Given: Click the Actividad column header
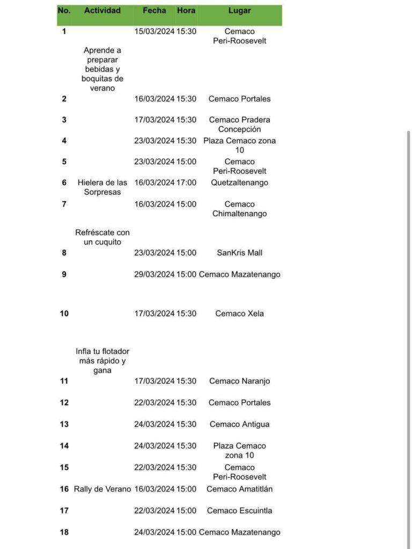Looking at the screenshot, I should click(x=102, y=11).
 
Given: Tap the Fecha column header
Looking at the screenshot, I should click(x=154, y=11).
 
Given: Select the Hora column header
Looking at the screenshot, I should click(x=186, y=11).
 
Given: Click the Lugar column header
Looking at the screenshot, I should click(x=239, y=11).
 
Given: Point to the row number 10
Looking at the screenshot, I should click(x=64, y=314).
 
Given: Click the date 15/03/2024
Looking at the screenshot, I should click(x=154, y=32).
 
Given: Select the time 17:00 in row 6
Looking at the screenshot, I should click(x=187, y=183).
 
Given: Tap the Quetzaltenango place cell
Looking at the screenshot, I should click(x=240, y=183).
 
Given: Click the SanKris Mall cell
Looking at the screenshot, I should click(x=240, y=253).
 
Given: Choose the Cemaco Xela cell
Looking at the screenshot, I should click(x=240, y=314).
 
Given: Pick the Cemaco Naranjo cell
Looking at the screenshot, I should click(x=240, y=381).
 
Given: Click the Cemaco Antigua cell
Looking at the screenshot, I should click(x=240, y=425).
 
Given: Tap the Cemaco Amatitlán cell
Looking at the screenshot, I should click(x=240, y=489).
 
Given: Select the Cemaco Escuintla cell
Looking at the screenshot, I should click(x=240, y=511).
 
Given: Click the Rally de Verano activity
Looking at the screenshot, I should click(x=102, y=489).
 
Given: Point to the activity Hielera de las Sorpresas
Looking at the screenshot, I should click(x=102, y=188).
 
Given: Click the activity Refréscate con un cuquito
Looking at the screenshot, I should click(x=102, y=238).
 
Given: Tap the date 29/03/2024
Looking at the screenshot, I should click(x=154, y=274).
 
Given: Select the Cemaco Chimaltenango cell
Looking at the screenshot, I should click(x=240, y=209).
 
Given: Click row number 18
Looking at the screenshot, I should click(x=64, y=532).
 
